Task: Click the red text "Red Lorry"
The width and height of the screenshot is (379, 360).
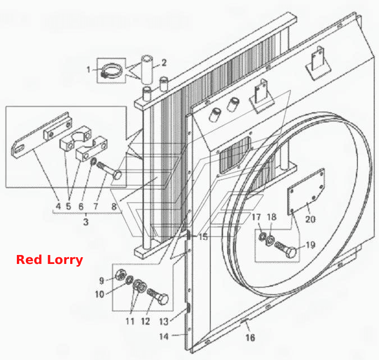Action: pos(49,260)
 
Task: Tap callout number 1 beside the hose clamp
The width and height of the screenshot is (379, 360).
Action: pos(89,70)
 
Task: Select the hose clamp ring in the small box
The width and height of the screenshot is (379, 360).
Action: pos(111,71)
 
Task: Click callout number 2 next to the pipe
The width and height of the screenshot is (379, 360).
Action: pos(164,62)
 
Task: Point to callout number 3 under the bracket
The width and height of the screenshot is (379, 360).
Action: pos(86,222)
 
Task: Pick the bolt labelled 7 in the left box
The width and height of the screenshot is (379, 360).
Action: pos(109,170)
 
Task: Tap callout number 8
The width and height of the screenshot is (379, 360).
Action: pos(114,207)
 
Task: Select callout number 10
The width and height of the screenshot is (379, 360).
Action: pos(99,294)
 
